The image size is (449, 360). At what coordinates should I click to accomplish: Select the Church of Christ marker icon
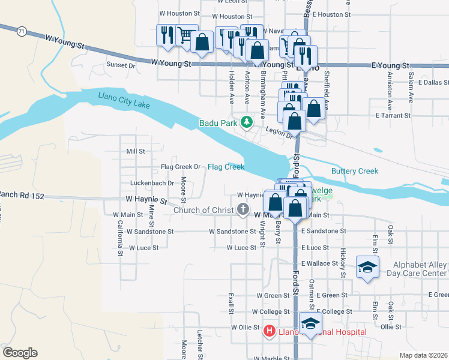[243, 209]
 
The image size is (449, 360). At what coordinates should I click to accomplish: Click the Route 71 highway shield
[21, 31]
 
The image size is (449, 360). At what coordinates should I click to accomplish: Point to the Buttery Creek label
[355, 171]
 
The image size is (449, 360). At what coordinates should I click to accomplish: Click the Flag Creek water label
[226, 167]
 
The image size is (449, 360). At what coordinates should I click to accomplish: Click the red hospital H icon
[270, 331]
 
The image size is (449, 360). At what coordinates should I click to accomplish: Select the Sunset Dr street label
[121, 65]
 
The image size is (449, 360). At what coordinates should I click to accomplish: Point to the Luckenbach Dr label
[152, 183]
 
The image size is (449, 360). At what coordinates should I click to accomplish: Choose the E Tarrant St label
[393, 115]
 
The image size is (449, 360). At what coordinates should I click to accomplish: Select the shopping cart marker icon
[187, 35]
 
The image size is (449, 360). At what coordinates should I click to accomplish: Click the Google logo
[20, 353]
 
